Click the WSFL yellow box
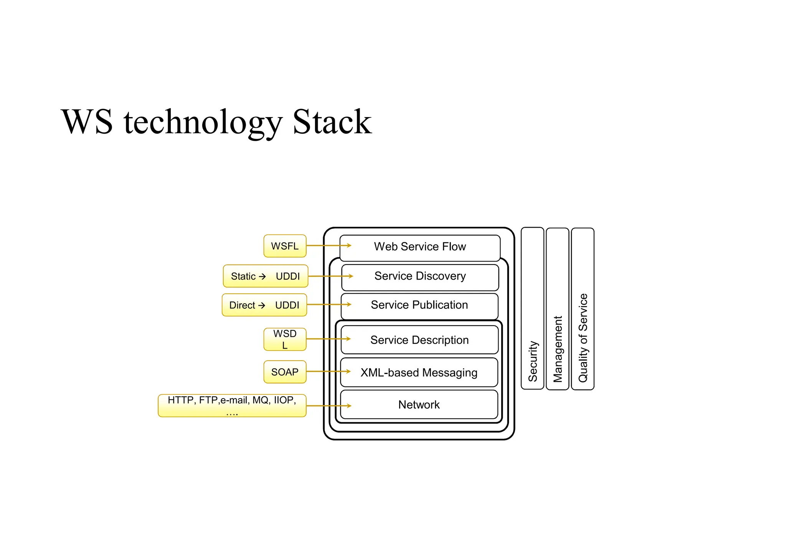tap(285, 246)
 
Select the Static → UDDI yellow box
tap(266, 276)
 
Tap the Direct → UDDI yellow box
tap(264, 305)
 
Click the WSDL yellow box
tap(285, 339)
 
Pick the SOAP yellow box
tap(285, 372)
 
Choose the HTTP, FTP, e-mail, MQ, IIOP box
tap(232, 405)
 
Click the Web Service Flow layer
tap(420, 247)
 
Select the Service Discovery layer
tap(420, 276)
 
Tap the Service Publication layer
tap(419, 305)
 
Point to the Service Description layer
tap(419, 340)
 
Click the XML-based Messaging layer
tap(419, 372)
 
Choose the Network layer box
tap(419, 405)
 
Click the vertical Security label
tap(533, 361)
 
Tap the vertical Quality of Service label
tap(583, 338)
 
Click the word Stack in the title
tap(332, 122)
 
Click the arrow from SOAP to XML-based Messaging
tap(328, 371)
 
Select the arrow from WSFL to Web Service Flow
tap(328, 245)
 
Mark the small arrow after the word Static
tap(262, 276)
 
